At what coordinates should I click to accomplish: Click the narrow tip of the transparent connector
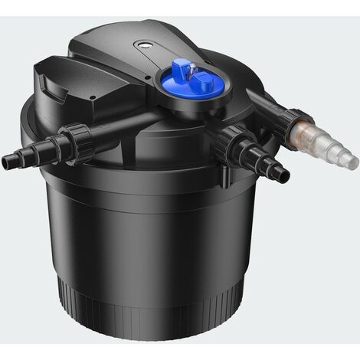point(352,162)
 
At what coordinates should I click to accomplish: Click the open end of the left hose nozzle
point(5,162)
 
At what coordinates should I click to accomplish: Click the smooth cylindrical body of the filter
point(146,230)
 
